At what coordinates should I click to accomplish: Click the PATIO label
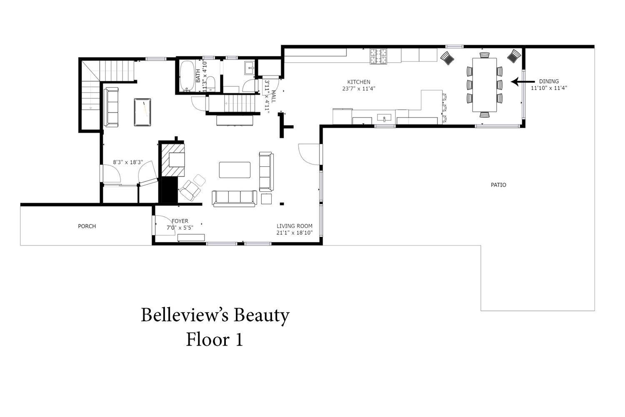(x=498, y=185)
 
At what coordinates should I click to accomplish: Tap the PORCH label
(x=87, y=226)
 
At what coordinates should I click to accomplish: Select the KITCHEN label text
(x=358, y=82)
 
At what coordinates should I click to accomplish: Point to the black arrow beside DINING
(x=522, y=82)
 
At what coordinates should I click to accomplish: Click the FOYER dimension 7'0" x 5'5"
(x=180, y=228)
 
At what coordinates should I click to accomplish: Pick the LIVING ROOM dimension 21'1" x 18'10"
(x=294, y=233)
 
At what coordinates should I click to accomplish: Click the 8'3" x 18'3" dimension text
(x=128, y=162)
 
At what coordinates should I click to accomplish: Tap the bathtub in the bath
(x=187, y=76)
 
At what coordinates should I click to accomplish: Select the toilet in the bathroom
(x=211, y=84)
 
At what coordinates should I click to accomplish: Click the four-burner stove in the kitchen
(x=379, y=56)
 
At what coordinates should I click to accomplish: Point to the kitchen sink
(x=384, y=117)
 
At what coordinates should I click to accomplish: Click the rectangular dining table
(x=484, y=85)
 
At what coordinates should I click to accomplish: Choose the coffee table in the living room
(x=235, y=170)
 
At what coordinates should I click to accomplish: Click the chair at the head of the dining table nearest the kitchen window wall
(x=484, y=55)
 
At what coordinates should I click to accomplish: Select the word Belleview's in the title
(x=185, y=315)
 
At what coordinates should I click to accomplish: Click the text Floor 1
(x=214, y=339)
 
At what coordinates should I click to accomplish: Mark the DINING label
(x=549, y=81)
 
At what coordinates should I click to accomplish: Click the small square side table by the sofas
(x=266, y=199)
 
